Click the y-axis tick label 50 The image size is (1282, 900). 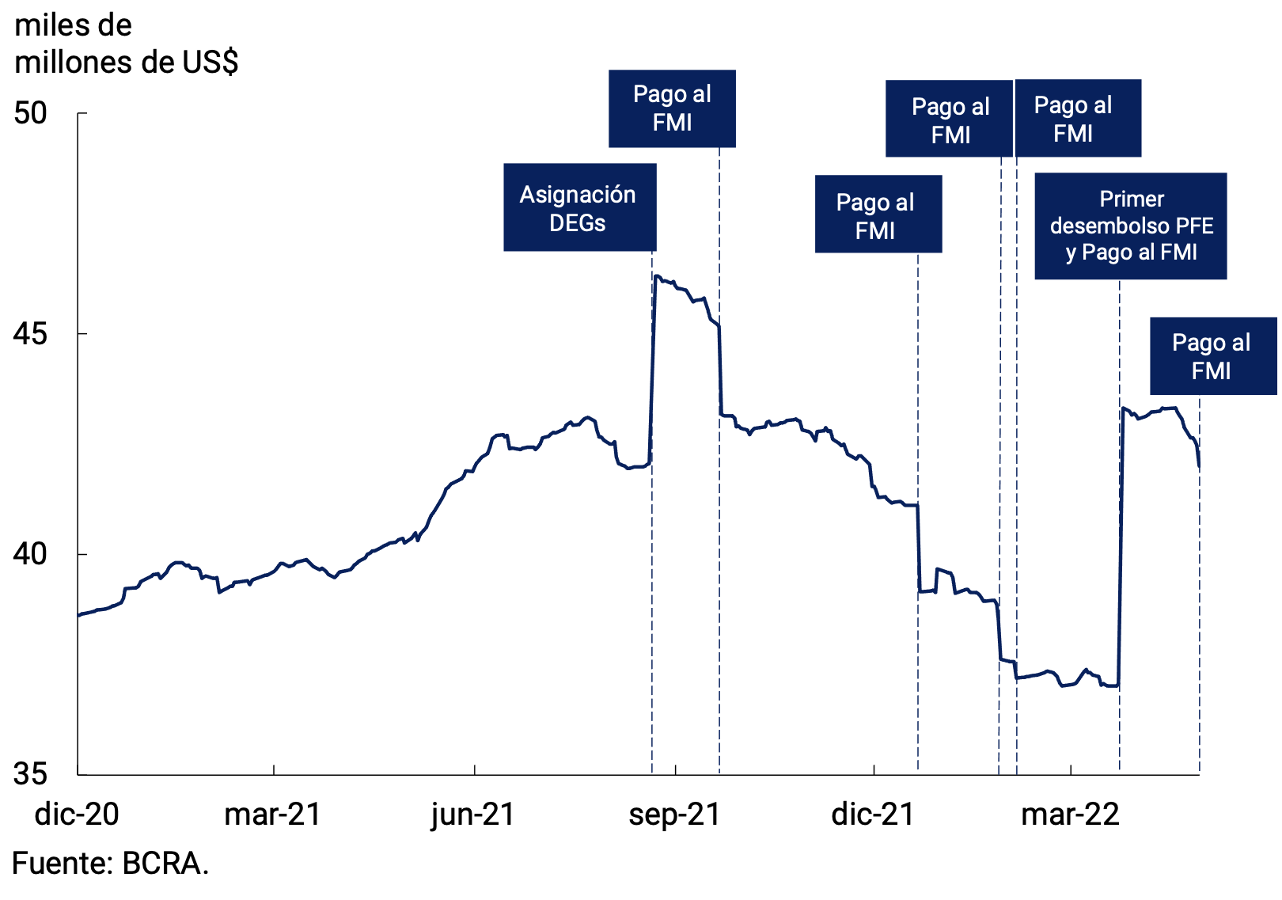coord(31,113)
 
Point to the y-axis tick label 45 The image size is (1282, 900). coord(31,334)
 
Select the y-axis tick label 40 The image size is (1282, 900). coord(31,554)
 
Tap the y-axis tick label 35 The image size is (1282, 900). coord(31,774)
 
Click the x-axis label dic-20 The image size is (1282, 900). coord(77,815)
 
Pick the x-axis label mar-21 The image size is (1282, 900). coord(273,815)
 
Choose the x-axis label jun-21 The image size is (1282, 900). coord(473,815)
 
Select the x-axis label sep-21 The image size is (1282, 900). coord(675,815)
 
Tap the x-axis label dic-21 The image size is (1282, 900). coord(873,815)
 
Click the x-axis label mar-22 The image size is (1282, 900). coord(1071,815)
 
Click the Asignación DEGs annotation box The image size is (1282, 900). coord(579,207)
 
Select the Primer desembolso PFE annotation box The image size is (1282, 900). coord(1130,226)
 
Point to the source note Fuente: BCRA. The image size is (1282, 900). coord(110,864)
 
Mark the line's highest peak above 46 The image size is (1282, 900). coord(657,276)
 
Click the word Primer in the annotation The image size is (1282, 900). coord(1132,199)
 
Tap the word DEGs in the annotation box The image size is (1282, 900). coord(578,223)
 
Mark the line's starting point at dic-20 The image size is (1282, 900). coord(78,614)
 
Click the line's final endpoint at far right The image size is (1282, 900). coord(1200,468)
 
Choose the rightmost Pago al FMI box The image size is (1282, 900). coord(1212,356)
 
